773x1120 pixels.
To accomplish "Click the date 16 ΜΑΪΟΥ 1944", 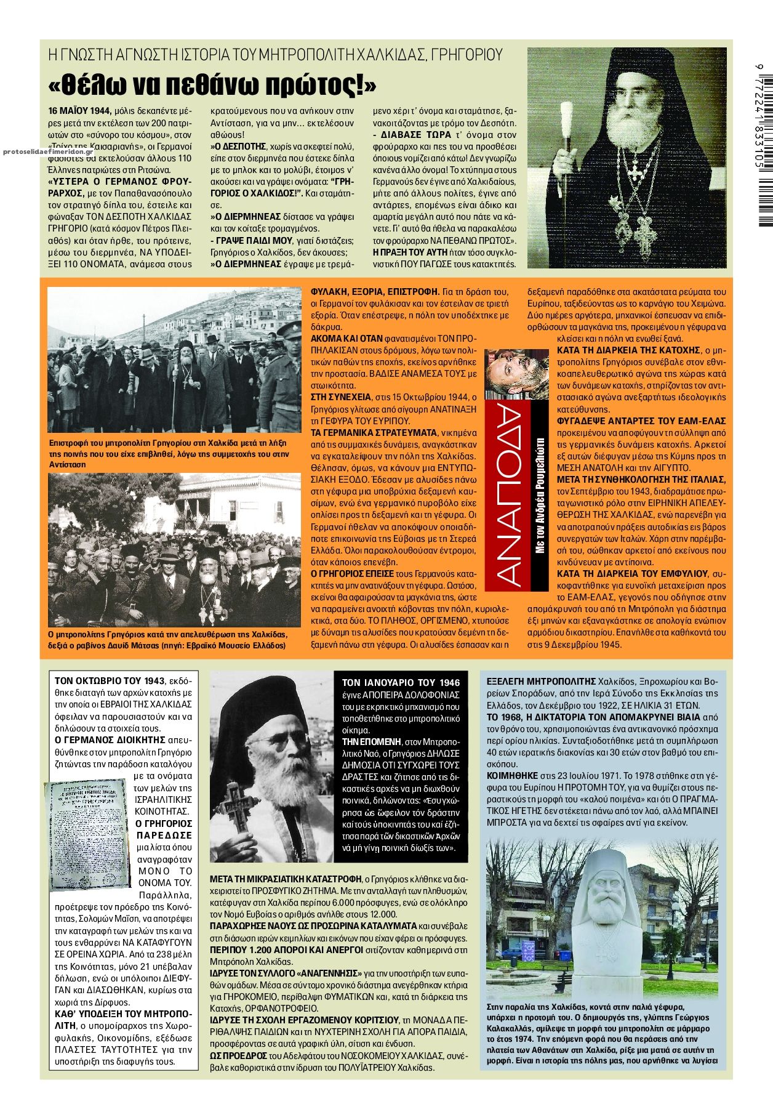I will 79,111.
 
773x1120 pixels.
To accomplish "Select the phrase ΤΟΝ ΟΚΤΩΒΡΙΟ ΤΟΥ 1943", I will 110,680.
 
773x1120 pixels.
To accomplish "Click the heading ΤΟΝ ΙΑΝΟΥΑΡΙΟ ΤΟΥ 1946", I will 401,683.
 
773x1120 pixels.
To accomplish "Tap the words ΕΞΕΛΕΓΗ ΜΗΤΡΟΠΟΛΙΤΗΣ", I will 541,682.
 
